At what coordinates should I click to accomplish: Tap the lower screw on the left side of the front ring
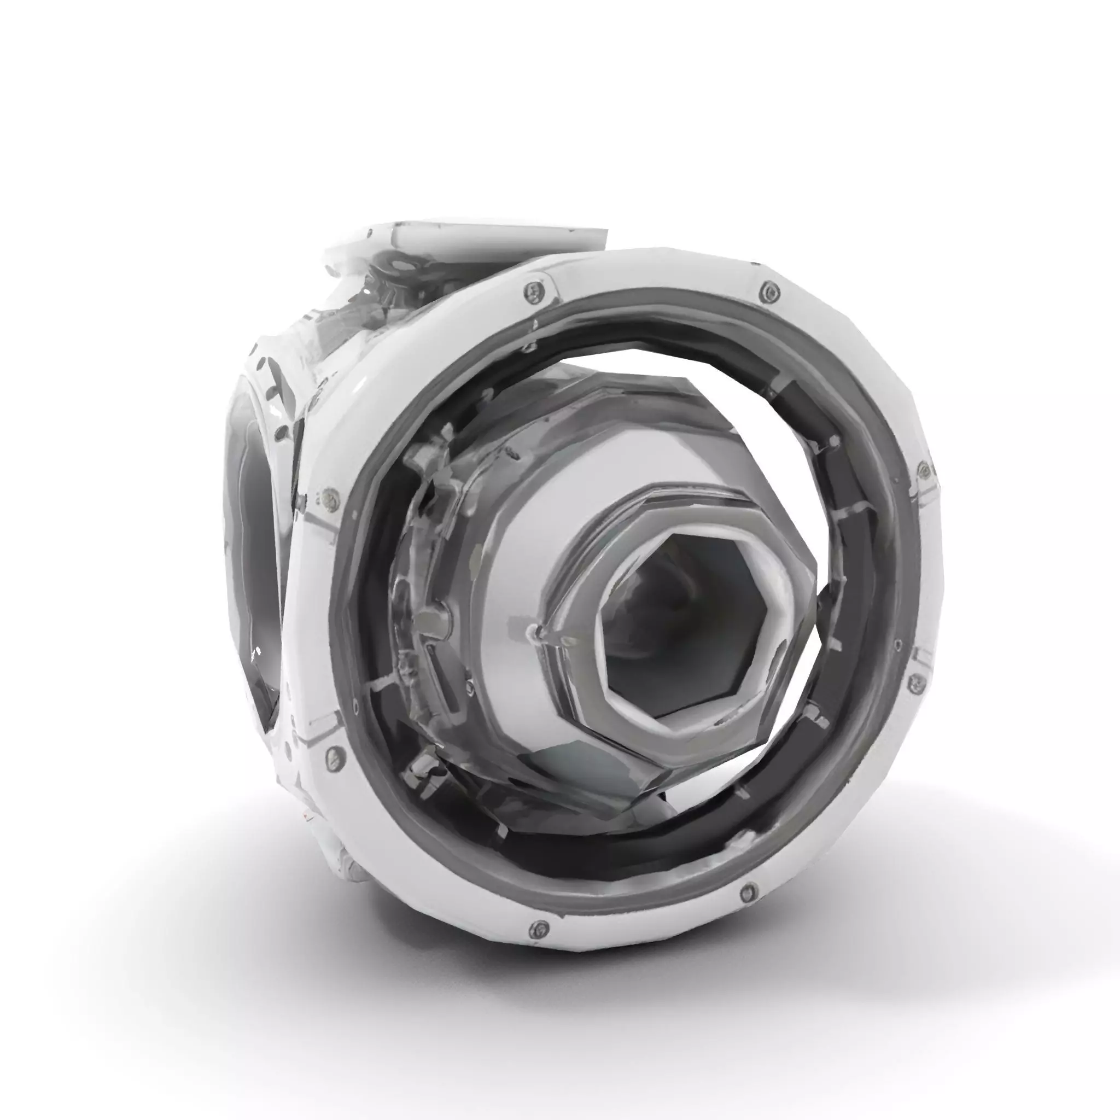(x=332, y=755)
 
